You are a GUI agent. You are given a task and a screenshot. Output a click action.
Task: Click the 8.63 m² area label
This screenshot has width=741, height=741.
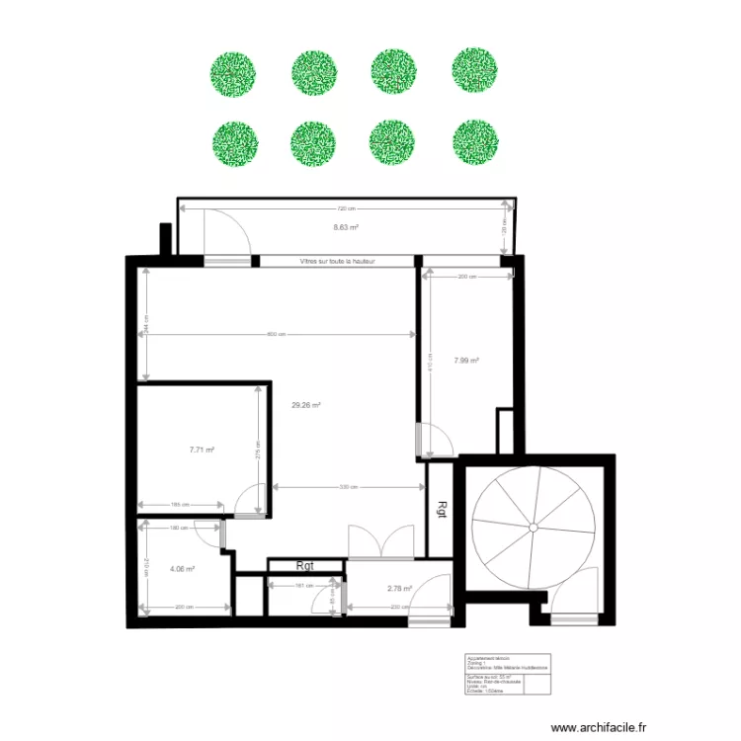345,227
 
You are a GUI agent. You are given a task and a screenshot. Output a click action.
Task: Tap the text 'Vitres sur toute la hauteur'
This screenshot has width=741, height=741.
336,262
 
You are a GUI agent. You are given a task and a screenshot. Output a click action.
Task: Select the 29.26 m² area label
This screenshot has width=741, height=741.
305,404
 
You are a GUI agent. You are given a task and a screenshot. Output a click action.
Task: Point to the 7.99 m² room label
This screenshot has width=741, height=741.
466,361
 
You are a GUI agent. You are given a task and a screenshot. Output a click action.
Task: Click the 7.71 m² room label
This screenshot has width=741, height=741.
202,450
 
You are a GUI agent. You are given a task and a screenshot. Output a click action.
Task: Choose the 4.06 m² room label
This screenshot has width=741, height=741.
182,569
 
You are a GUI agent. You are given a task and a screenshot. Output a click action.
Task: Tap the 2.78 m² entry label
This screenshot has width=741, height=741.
398,588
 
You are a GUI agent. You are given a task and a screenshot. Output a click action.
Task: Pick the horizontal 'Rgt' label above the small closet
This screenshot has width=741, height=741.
305,566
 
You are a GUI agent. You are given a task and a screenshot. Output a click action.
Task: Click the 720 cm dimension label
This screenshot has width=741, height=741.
345,208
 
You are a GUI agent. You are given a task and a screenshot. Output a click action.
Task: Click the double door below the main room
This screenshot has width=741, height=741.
379,542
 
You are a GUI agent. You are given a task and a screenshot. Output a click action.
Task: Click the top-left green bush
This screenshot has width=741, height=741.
233,73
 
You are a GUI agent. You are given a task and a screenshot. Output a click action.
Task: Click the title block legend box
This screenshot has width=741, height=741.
507,677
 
